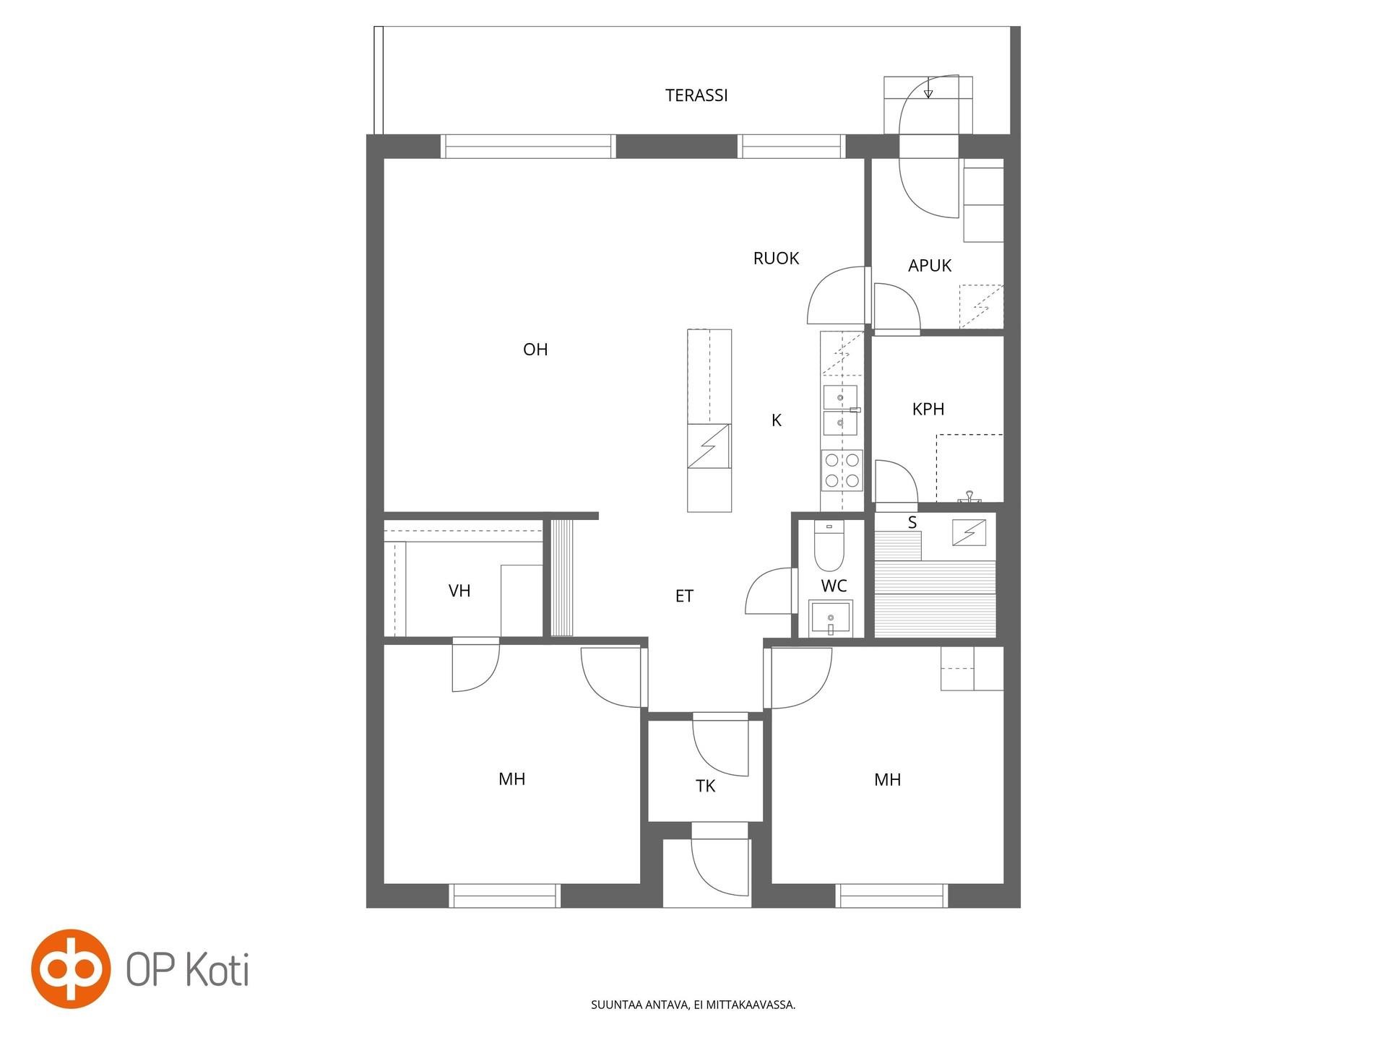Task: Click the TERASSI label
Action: pyautogui.click(x=696, y=95)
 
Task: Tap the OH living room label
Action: pyautogui.click(x=535, y=350)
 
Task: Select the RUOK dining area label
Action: pyautogui.click(x=776, y=259)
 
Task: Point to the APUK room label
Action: pyautogui.click(x=930, y=266)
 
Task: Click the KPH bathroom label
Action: pyautogui.click(x=928, y=409)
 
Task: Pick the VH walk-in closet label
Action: pyautogui.click(x=459, y=591)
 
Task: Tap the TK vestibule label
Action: pyautogui.click(x=705, y=786)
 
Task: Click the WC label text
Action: pyautogui.click(x=834, y=586)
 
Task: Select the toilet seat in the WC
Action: pyautogui.click(x=829, y=546)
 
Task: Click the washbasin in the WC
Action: pyautogui.click(x=831, y=618)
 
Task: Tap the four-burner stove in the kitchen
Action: pyautogui.click(x=842, y=470)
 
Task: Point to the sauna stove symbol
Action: pyautogui.click(x=969, y=532)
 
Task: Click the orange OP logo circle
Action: pyautogui.click(x=71, y=968)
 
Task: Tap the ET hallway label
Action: pyautogui.click(x=684, y=597)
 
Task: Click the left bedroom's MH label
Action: pyautogui.click(x=511, y=779)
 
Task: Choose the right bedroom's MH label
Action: pyautogui.click(x=887, y=780)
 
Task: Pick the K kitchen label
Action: pyautogui.click(x=777, y=420)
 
